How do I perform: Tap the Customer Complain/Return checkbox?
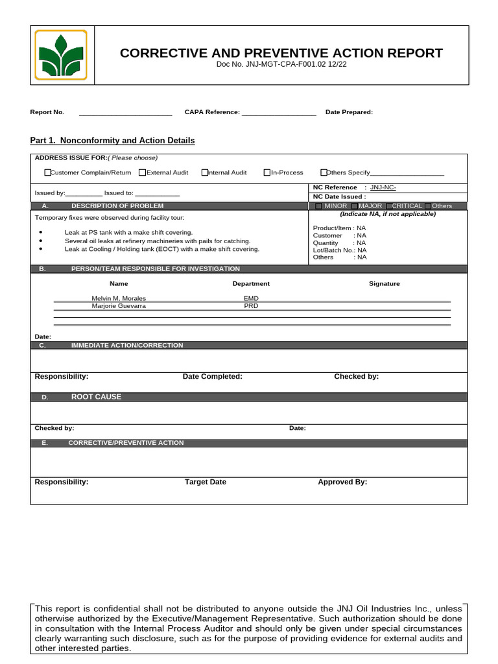[x=47, y=172]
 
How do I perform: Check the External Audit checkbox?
[x=142, y=172]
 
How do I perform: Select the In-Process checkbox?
[x=267, y=172]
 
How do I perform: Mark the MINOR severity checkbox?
[x=318, y=206]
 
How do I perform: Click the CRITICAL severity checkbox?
[x=388, y=206]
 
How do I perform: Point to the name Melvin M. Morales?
[x=119, y=298]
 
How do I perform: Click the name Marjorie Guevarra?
[x=119, y=305]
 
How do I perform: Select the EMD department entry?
[x=251, y=298]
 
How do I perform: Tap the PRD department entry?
[x=251, y=305]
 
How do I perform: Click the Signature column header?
[x=385, y=283]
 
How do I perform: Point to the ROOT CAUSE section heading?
[x=96, y=397]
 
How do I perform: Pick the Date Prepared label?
[x=349, y=112]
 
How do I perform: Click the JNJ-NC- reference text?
[x=383, y=187]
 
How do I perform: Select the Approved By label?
[x=342, y=482]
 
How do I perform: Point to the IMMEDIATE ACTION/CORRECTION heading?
[x=127, y=346]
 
